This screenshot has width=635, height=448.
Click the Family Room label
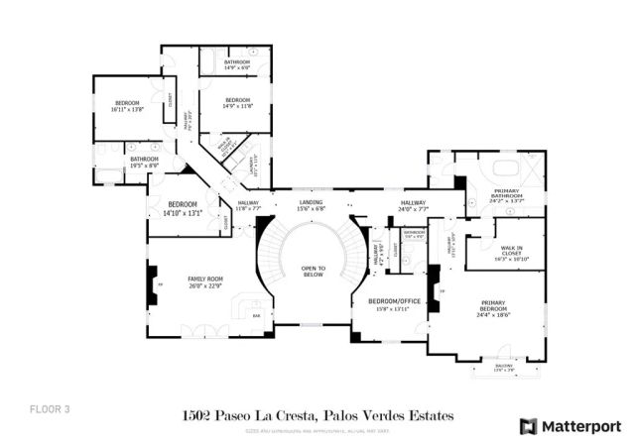205,279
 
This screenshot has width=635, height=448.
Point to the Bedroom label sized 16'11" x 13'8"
128,103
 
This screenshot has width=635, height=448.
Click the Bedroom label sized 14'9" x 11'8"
237,99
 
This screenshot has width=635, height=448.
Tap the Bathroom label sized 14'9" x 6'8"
237,62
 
